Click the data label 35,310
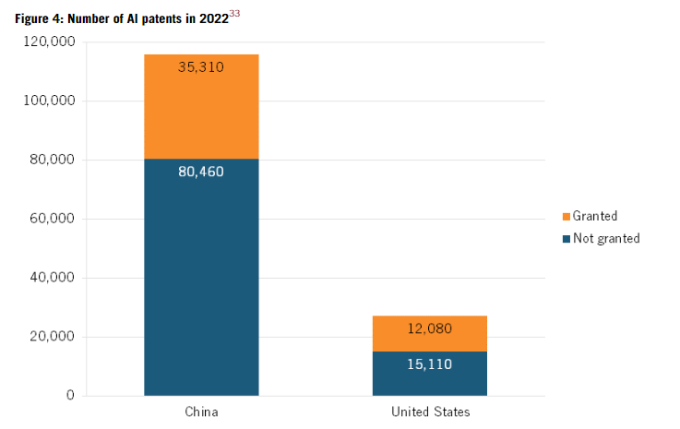coord(201,66)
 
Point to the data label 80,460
coord(201,171)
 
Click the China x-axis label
coord(201,411)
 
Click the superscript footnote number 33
coord(235,11)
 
